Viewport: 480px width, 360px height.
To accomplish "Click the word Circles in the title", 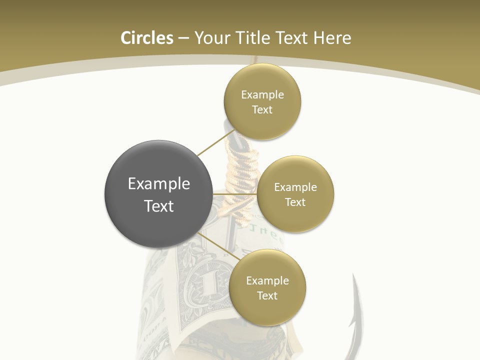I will coord(147,38).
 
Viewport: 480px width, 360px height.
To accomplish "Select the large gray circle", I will coord(158,194).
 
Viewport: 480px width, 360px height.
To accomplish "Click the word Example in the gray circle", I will coord(158,183).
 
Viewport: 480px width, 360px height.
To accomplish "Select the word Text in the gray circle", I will coord(158,206).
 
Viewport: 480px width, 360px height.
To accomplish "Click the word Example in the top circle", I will coord(262,94).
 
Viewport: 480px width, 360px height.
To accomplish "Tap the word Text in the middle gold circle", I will coord(295,202).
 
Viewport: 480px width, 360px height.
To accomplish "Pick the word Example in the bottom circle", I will coord(267,280).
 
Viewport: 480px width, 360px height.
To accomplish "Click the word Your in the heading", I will coord(212,38).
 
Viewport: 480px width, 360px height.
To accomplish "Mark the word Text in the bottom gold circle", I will coord(267,295).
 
